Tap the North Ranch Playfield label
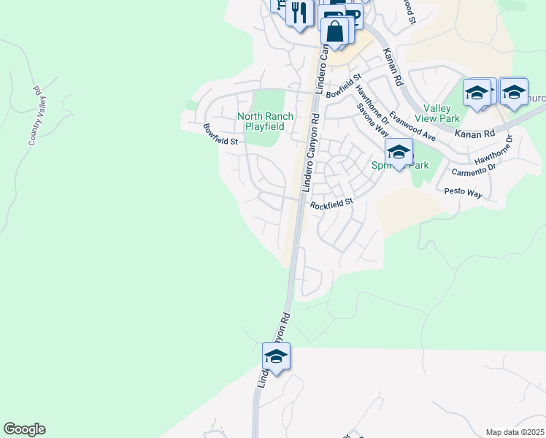point(265,121)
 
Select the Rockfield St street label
point(331,205)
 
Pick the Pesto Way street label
point(464,193)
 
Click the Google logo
point(24,429)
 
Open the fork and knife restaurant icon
point(299,14)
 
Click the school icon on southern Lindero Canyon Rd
point(276,356)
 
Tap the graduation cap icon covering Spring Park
point(399,152)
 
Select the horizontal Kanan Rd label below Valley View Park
point(474,134)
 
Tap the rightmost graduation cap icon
point(514,92)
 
